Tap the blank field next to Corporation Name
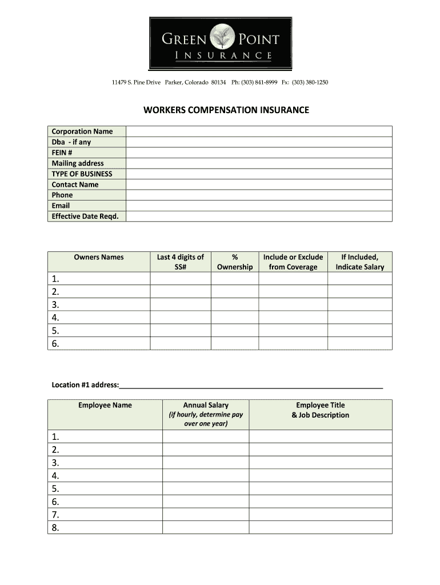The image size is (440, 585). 259,131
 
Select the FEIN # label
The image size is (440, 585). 62,153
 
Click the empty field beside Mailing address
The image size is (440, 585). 259,163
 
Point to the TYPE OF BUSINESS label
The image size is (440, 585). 82,174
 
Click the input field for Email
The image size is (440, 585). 259,206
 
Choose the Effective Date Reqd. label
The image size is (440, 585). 85,216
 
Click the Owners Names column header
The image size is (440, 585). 98,257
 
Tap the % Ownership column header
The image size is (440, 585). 235,262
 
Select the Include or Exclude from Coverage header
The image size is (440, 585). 293,262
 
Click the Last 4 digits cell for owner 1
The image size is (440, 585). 181,279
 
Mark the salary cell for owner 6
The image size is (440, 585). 359,343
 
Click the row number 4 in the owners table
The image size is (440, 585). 55,318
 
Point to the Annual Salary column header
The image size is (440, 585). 206,405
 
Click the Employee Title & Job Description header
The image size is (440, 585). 320,410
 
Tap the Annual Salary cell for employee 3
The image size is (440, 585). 206,463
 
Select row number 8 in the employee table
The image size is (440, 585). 55,528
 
